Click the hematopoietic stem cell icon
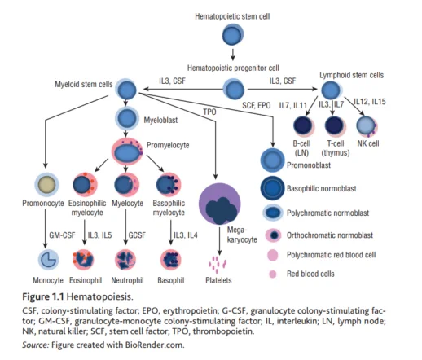point(233,34)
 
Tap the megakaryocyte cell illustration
point(220,204)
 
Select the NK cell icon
point(367,126)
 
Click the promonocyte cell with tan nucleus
point(46,185)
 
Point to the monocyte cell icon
point(48,260)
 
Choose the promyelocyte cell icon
point(127,152)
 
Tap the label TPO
point(209,112)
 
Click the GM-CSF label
point(62,235)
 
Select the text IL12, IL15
point(370,102)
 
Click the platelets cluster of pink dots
point(218,265)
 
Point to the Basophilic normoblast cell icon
point(272,188)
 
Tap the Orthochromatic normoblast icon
point(275,235)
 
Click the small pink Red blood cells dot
point(273,274)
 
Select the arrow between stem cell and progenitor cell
point(233,55)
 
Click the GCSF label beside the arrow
point(137,235)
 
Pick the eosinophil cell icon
point(83,260)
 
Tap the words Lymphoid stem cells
point(351,75)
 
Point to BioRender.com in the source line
point(154,345)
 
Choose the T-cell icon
point(336,126)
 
